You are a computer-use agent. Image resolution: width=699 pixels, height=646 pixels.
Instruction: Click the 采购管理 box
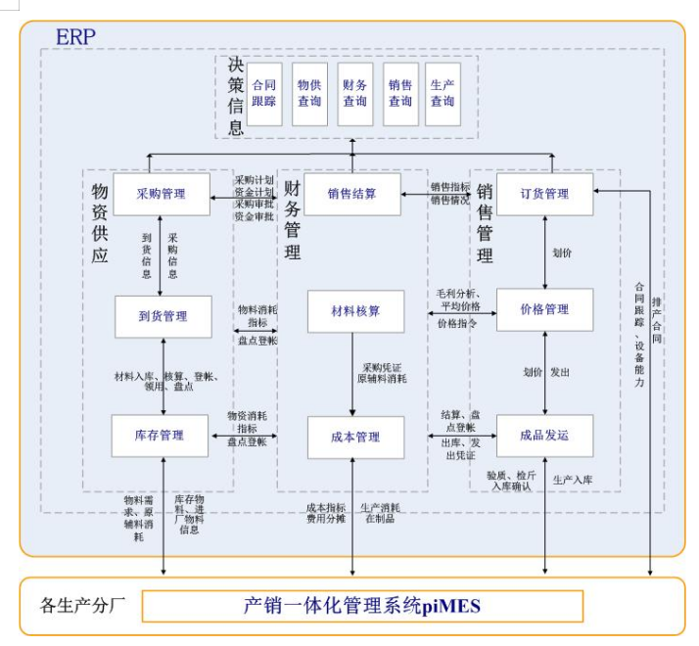coord(162,194)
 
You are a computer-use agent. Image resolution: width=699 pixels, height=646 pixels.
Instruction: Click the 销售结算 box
coord(352,194)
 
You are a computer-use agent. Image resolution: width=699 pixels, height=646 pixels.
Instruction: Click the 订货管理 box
coord(544,194)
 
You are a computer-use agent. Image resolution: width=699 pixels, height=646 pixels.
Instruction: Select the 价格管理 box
coord(544,309)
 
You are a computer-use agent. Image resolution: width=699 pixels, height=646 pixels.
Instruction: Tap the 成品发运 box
coord(544,436)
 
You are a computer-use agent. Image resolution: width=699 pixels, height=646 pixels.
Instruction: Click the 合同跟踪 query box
coord(264,93)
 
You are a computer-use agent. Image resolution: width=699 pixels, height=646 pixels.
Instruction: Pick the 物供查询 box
coord(309,93)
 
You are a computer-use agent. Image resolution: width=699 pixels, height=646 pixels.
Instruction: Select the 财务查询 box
coord(354,93)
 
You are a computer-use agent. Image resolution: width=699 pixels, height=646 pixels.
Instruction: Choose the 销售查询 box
coord(400,93)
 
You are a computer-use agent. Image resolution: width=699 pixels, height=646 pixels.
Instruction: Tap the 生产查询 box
coord(443,93)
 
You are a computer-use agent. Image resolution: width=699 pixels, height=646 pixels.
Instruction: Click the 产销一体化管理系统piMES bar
coord(362,606)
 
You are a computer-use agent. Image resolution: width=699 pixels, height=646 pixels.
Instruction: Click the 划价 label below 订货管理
coord(562,252)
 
